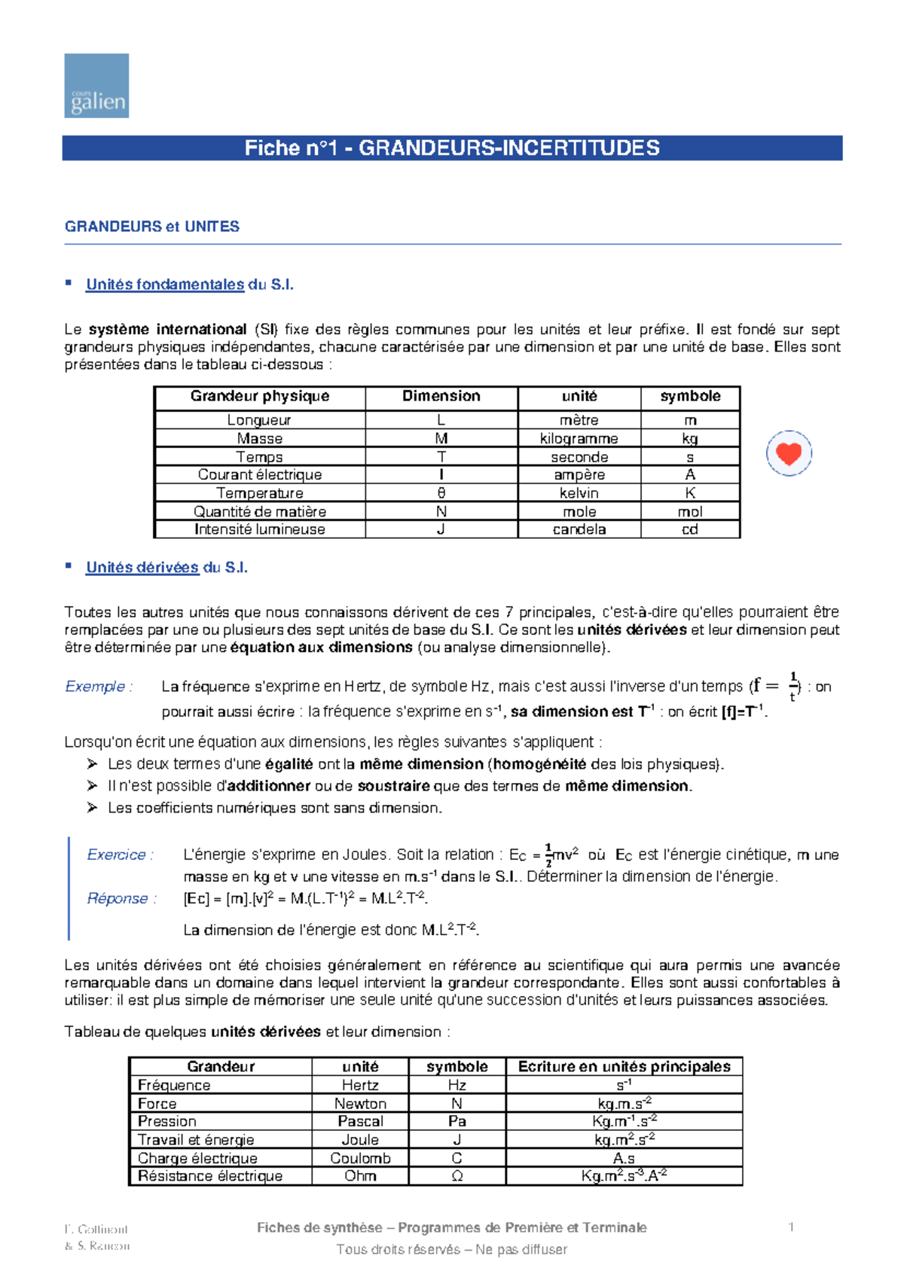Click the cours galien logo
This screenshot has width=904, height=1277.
click(x=96, y=85)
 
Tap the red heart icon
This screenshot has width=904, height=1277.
click(x=789, y=453)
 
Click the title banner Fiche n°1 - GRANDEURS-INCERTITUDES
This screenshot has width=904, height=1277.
click(x=452, y=148)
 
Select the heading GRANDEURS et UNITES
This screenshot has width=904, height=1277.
click(x=152, y=227)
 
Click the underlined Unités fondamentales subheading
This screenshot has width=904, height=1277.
click(x=165, y=285)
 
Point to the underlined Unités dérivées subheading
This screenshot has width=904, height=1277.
click(x=142, y=568)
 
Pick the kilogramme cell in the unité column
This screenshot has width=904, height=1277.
click(x=579, y=438)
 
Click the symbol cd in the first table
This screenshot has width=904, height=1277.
click(x=689, y=529)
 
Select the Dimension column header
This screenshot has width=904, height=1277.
click(x=441, y=396)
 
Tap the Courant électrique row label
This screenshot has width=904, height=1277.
click(x=259, y=474)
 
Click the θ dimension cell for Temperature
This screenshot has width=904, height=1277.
click(x=441, y=493)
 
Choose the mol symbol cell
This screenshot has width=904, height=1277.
click(x=689, y=511)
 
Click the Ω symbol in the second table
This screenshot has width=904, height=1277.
click(x=457, y=1176)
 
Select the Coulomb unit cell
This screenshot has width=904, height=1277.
click(x=360, y=1158)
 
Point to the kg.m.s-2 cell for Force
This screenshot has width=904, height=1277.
click(x=624, y=1103)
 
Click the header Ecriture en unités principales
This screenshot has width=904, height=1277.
click(x=624, y=1066)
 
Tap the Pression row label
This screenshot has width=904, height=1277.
click(x=167, y=1121)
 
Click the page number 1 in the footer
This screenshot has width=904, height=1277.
click(x=791, y=1227)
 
